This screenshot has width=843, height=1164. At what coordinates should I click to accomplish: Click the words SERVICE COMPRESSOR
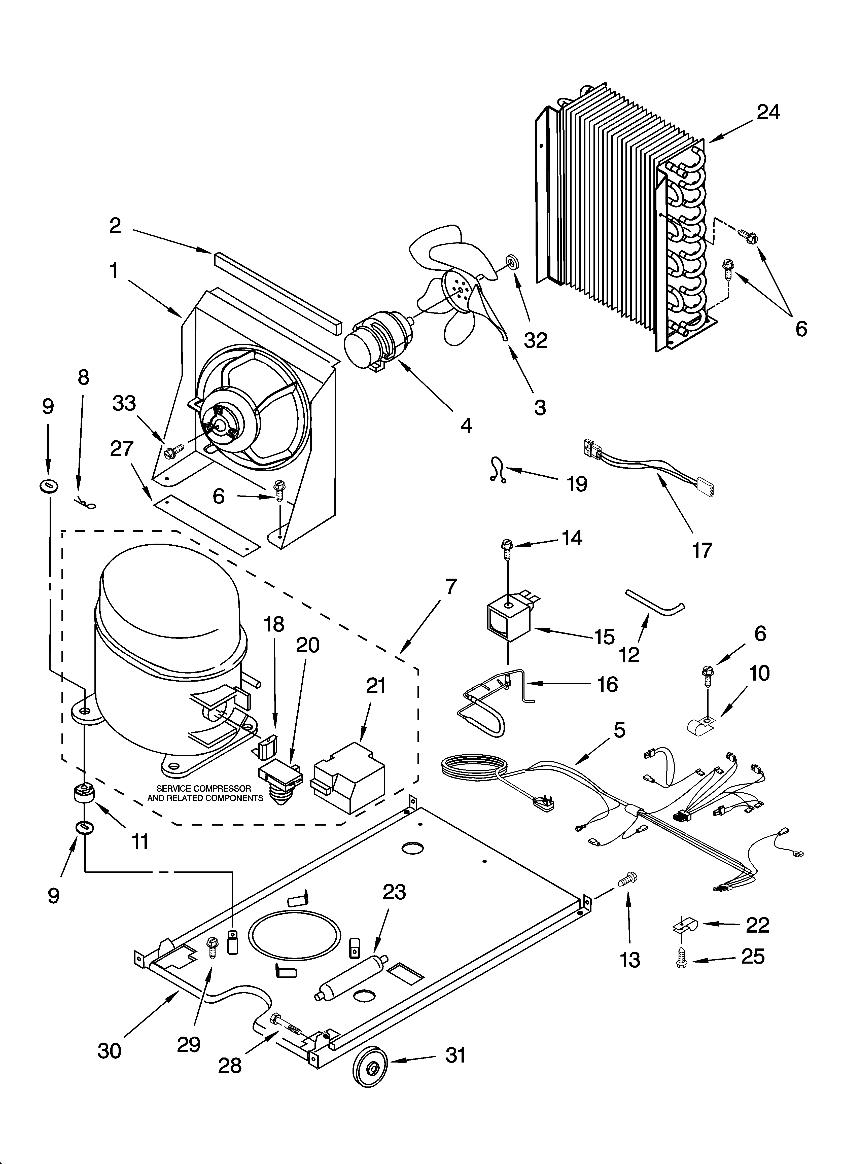coord(204,788)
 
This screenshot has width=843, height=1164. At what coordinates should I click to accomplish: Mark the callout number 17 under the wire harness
coord(702,550)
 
